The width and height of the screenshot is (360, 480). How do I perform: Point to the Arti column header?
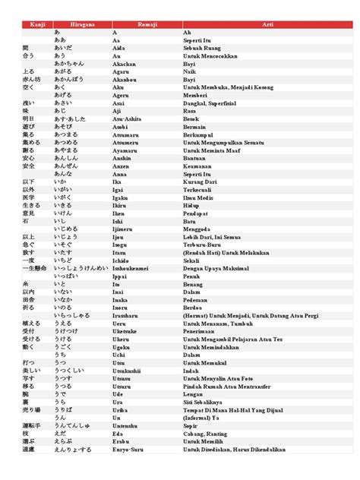[267, 25]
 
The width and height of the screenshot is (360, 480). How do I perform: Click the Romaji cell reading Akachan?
[125, 65]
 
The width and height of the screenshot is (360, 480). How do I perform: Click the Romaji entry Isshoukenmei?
[131, 267]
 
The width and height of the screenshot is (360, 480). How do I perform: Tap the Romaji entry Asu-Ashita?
[126, 119]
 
